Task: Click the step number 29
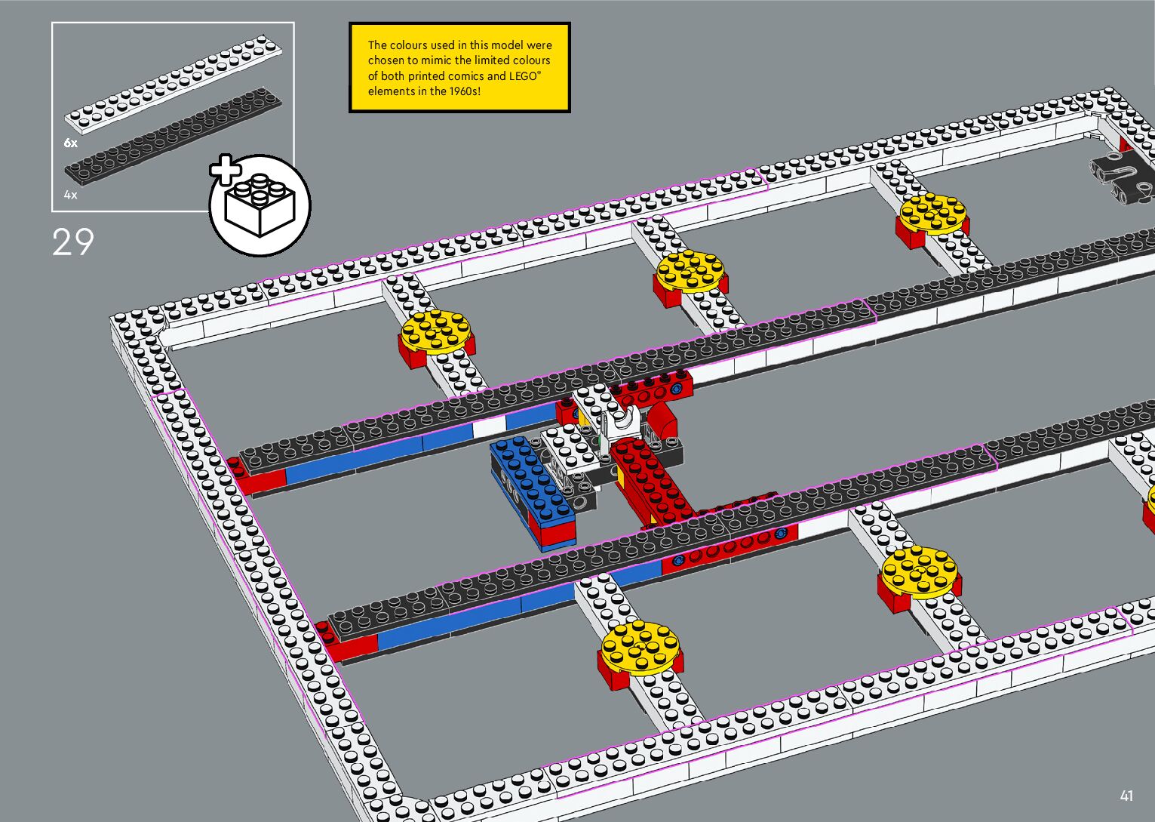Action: click(x=72, y=242)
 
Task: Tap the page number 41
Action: click(x=1126, y=796)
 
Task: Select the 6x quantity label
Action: click(x=70, y=143)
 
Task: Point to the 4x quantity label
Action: click(x=70, y=195)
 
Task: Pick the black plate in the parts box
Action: click(x=174, y=136)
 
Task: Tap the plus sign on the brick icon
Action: click(x=224, y=170)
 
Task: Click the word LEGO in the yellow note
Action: click(x=524, y=76)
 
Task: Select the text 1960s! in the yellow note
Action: click(x=464, y=91)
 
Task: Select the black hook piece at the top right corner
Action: click(x=1121, y=177)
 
